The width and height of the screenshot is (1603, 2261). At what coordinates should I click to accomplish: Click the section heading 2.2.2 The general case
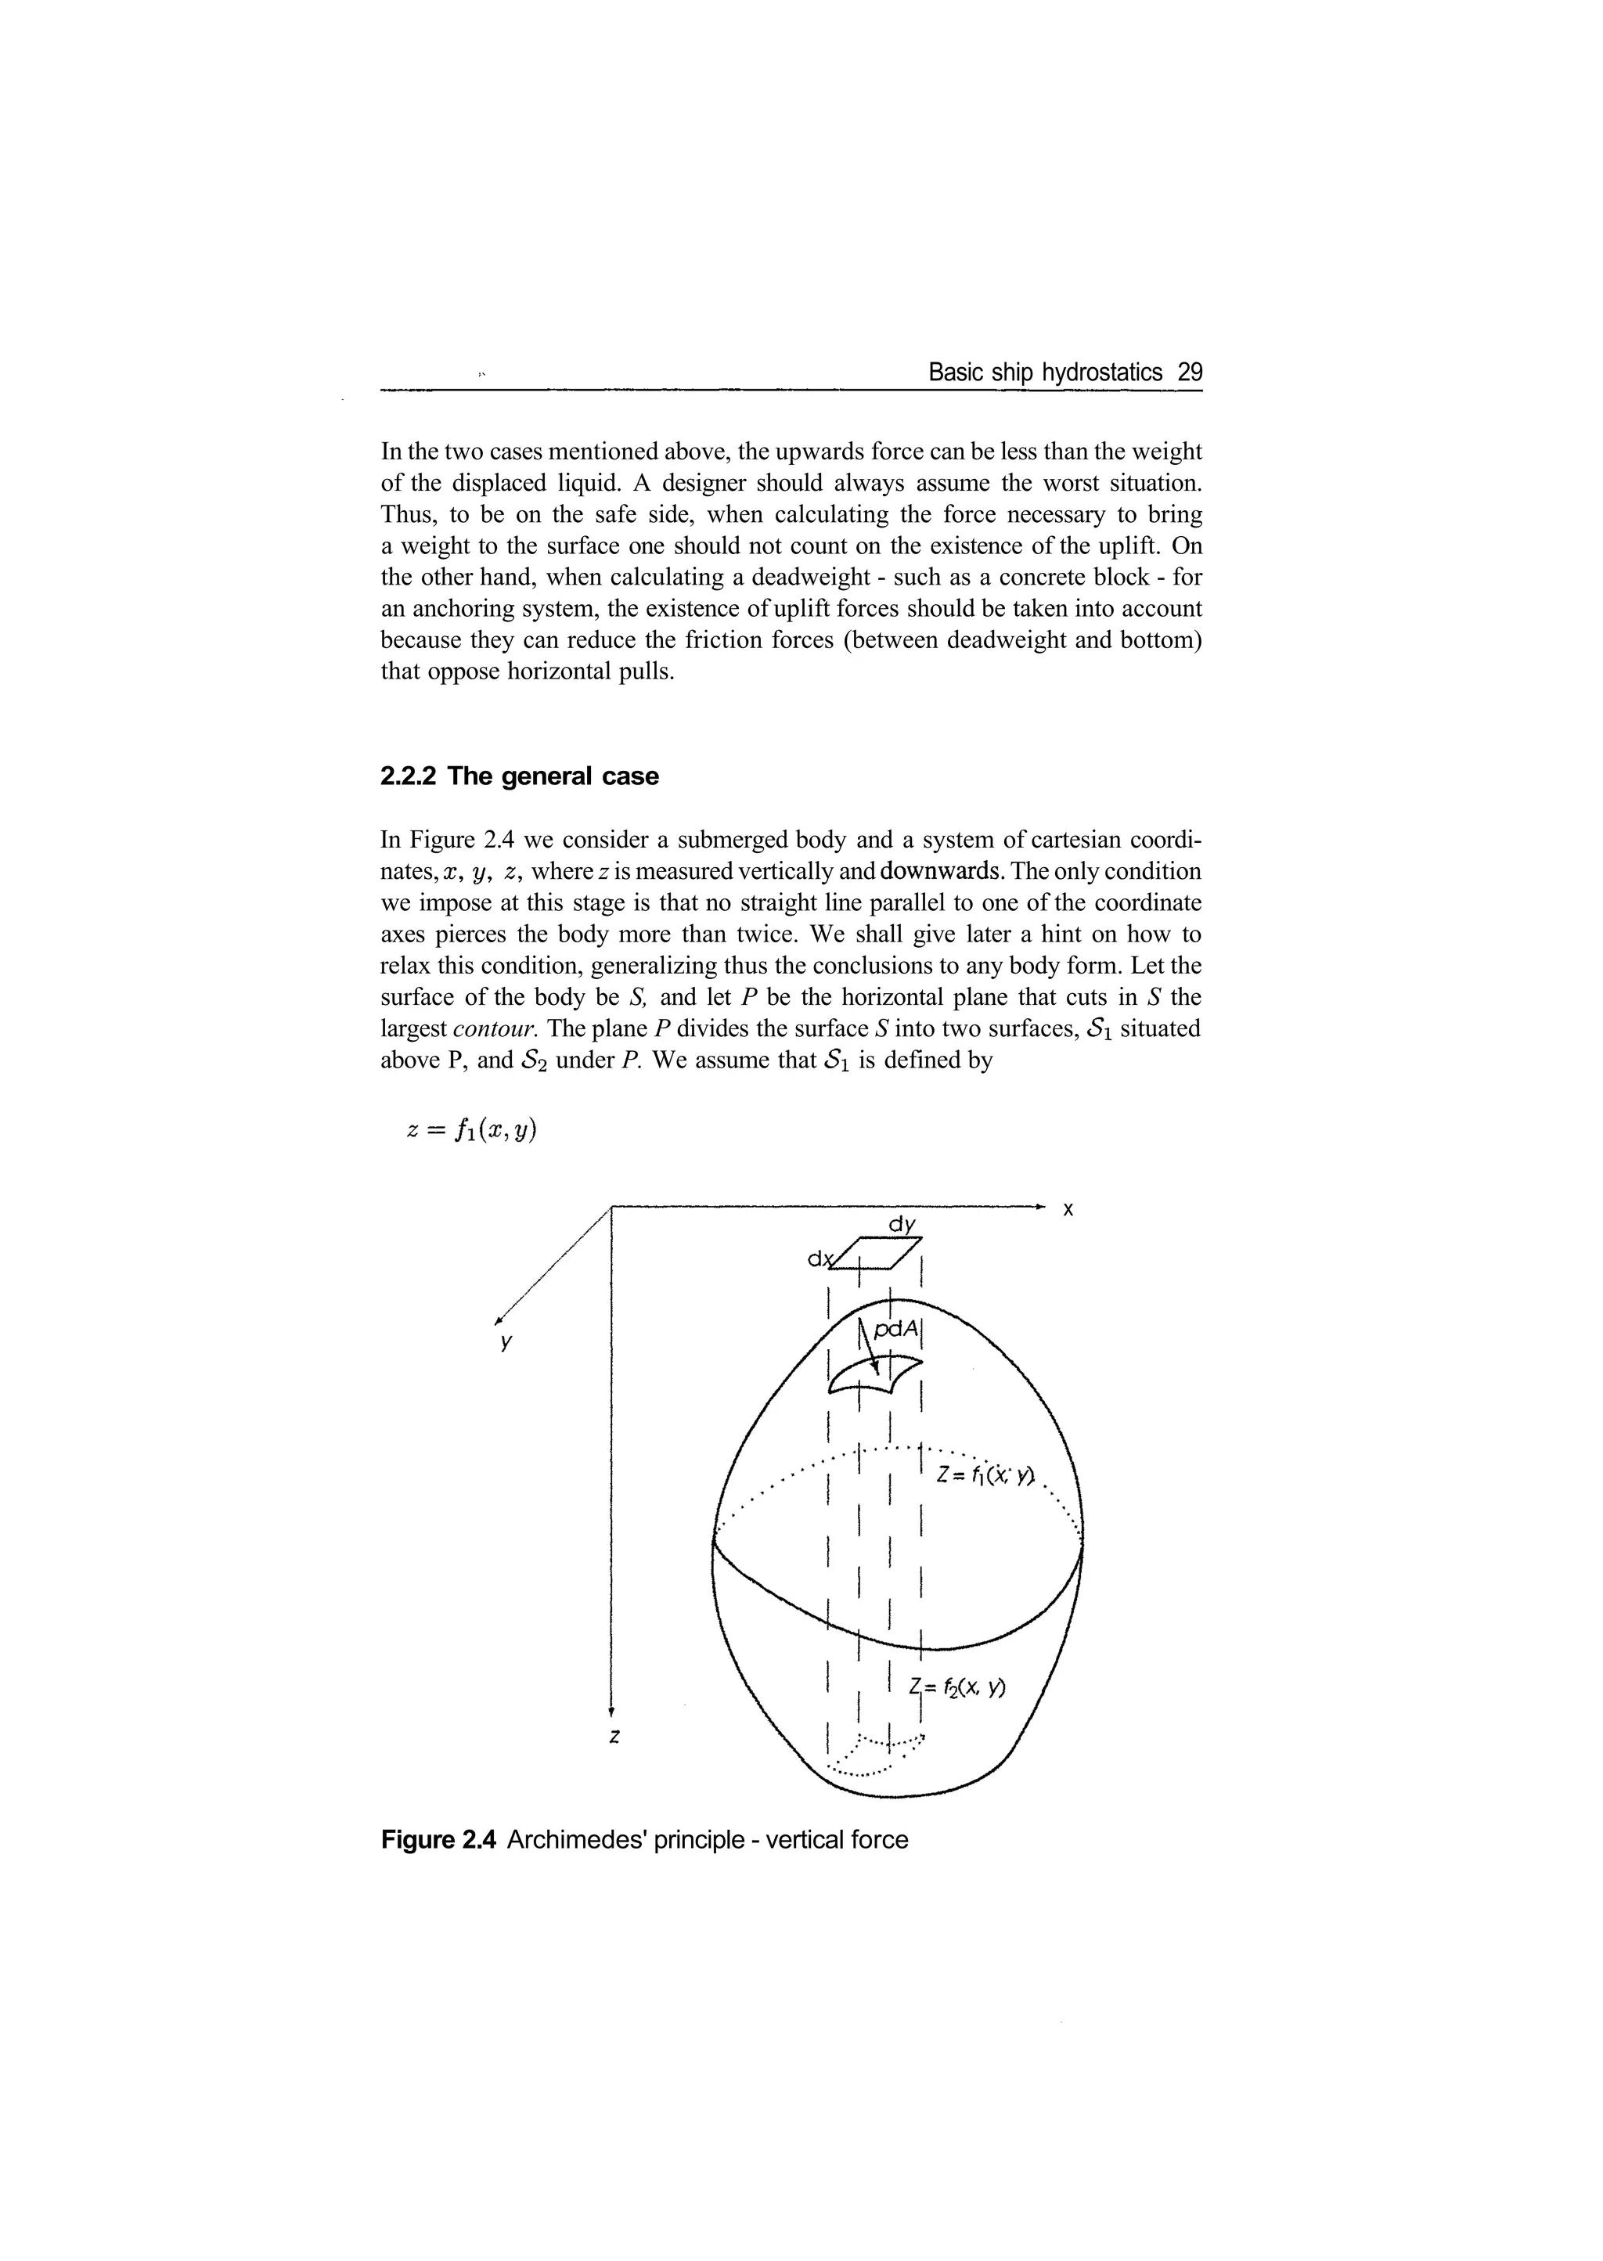click(519, 776)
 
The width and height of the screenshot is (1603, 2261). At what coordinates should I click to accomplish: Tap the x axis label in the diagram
click(1067, 1209)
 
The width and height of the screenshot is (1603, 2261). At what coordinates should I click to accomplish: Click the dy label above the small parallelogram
click(901, 1225)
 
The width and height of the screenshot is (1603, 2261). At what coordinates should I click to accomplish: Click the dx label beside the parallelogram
click(818, 1259)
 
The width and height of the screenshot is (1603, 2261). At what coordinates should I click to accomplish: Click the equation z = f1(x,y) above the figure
click(472, 1129)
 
